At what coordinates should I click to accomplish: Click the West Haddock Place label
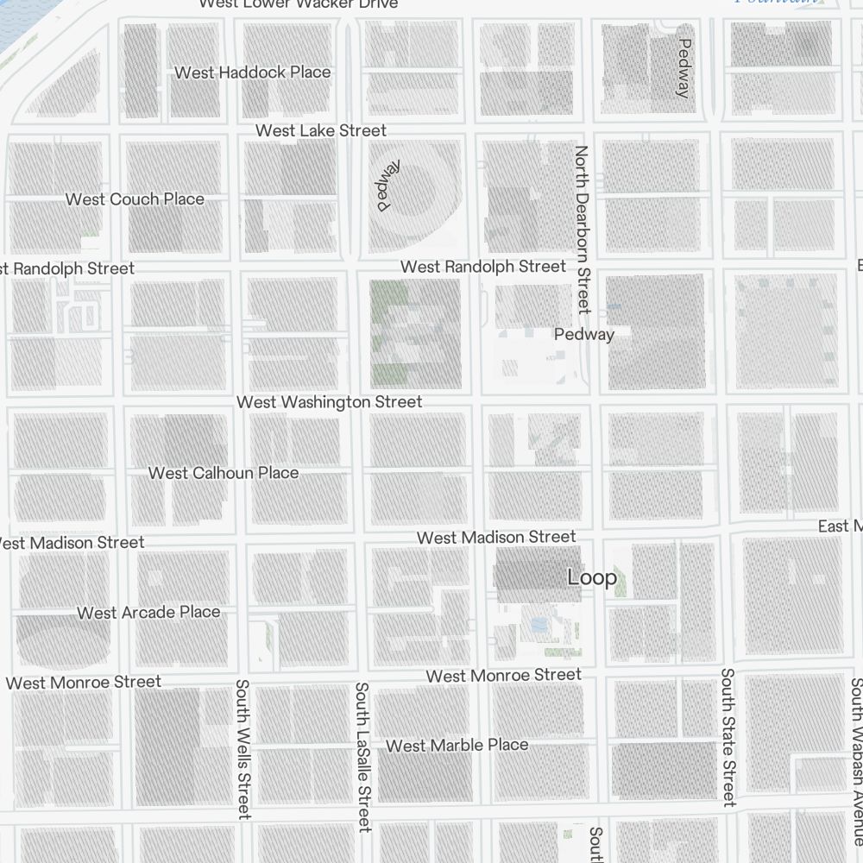[252, 72]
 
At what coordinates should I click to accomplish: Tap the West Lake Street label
[321, 131]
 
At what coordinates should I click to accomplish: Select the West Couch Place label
[135, 199]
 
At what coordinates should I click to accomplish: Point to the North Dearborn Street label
[583, 229]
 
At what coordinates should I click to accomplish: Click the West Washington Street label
[329, 402]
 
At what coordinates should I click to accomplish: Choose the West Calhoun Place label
[223, 473]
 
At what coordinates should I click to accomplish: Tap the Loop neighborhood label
[592, 577]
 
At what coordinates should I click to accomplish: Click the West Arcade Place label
[148, 613]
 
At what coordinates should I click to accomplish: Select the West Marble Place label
[457, 745]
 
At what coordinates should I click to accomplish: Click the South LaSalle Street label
[362, 756]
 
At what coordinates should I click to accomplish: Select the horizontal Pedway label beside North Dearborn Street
[584, 334]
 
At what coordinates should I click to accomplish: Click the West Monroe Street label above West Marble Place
[503, 675]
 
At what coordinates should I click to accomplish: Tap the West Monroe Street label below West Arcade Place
[83, 683]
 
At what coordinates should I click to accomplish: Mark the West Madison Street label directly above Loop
[495, 538]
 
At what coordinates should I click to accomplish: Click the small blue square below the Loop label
[539, 623]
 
